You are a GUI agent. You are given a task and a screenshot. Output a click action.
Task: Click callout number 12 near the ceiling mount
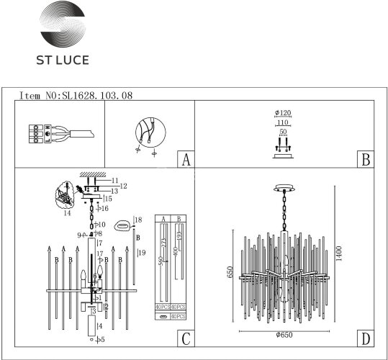pos(123,186)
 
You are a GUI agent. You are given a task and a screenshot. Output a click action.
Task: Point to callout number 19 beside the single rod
pos(142,253)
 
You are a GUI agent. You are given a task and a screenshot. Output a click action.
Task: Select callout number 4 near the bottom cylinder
pos(100,325)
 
